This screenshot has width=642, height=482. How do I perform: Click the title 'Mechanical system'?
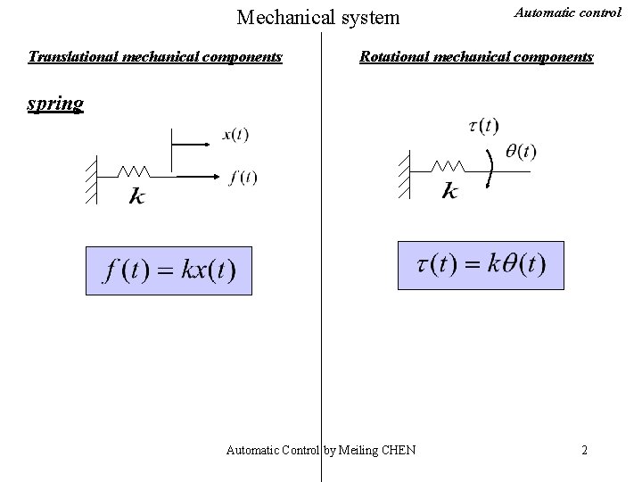[318, 16]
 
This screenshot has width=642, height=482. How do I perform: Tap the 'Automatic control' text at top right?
[556, 13]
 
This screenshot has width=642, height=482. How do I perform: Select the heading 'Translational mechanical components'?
[155, 57]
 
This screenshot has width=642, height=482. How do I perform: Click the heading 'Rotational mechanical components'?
[476, 57]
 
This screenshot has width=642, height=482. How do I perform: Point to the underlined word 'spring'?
[55, 104]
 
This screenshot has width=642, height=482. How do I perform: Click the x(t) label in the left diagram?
[235, 136]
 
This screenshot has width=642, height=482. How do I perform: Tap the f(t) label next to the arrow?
[243, 177]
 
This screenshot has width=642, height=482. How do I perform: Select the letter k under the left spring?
[136, 195]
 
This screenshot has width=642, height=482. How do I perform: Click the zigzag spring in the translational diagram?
[133, 170]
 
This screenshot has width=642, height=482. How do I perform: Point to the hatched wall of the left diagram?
[90, 179]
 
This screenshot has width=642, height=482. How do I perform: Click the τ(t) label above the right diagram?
[483, 126]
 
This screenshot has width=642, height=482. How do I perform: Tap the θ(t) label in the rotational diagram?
[521, 152]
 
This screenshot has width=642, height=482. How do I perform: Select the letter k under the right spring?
[450, 191]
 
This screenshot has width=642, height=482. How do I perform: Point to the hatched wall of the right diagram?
[405, 174]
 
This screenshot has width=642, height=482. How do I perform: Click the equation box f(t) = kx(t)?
[169, 270]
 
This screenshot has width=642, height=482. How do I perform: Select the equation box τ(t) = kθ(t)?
[481, 265]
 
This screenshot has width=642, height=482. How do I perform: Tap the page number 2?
[584, 450]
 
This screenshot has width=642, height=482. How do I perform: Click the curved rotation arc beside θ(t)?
[491, 169]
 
